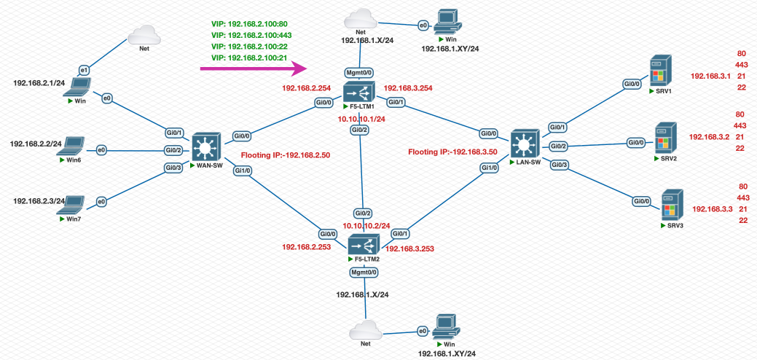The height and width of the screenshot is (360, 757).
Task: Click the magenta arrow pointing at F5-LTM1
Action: (251, 69)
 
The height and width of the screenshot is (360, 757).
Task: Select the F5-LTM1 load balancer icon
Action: (359, 93)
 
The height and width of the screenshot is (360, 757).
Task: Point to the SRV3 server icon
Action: (671, 205)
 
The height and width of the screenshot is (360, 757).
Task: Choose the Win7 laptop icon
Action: (75, 203)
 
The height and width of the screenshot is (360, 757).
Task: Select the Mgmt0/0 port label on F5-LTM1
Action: (359, 74)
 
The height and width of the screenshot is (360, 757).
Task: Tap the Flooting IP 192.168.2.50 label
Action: (286, 155)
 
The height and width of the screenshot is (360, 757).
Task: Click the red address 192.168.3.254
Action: (409, 88)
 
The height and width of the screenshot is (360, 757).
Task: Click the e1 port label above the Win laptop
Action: (84, 69)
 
